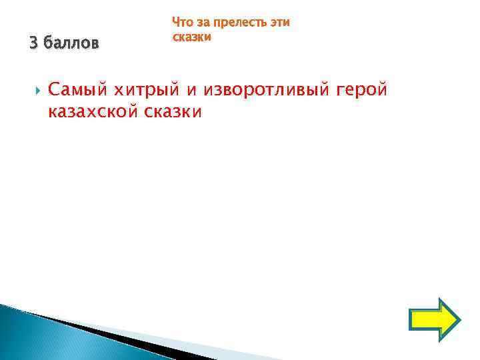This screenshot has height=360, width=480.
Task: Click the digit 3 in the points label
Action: click(33, 44)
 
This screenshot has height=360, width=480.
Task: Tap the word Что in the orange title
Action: click(183, 23)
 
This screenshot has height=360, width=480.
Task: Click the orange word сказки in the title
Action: click(192, 37)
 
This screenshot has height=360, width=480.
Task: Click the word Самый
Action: click(77, 90)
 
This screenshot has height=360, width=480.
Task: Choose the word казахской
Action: click(93, 112)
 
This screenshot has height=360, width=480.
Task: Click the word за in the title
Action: click(203, 23)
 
